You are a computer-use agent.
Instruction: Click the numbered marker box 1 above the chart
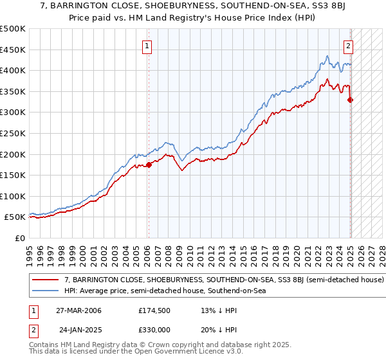[x=148, y=46]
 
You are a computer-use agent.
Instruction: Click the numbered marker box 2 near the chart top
[x=348, y=46]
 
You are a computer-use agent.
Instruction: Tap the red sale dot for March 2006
[x=149, y=165]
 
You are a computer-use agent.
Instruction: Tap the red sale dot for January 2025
[x=351, y=100]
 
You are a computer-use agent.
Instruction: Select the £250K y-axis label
[x=13, y=133]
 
